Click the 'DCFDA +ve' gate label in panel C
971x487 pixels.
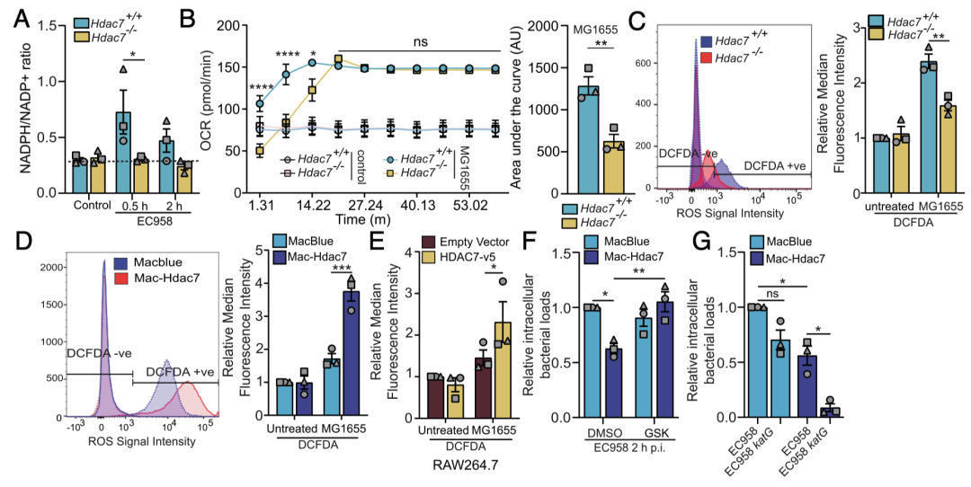point(774,166)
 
